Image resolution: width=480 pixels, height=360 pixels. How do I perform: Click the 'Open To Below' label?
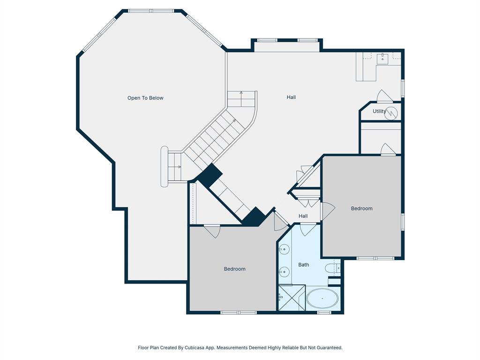(145, 98)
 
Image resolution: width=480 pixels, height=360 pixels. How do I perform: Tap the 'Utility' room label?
(379, 112)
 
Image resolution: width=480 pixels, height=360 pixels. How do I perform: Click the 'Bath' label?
(304, 265)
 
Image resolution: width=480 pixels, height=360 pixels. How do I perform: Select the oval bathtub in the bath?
(322, 299)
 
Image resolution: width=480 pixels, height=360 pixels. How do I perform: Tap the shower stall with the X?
(292, 298)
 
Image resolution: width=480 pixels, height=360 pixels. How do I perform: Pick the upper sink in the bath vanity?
(284, 249)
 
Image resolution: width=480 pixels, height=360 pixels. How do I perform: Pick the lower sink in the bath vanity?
(284, 271)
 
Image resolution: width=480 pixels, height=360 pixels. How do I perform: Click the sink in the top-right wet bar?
(383, 59)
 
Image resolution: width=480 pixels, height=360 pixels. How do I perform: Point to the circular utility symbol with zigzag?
(391, 112)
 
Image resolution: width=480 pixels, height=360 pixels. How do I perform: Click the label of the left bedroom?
(234, 269)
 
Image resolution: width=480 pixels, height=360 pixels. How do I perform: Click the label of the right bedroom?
(362, 209)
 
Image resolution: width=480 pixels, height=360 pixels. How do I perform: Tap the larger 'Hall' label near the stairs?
(291, 97)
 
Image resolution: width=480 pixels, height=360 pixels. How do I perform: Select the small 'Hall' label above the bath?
(303, 216)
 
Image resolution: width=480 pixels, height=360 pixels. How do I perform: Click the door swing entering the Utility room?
(384, 97)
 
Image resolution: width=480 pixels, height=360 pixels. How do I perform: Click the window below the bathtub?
(324, 312)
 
